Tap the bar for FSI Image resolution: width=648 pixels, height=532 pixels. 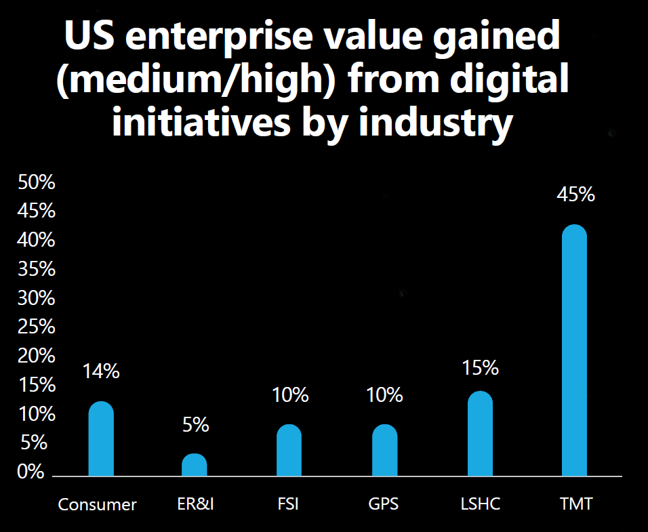point(289,451)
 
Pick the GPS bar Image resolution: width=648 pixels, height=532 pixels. point(384,451)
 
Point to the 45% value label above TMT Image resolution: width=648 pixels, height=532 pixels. point(575,195)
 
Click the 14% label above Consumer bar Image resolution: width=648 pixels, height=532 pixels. point(101,371)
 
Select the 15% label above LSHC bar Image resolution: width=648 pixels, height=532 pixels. point(480,368)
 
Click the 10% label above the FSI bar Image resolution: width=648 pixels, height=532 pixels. point(289,395)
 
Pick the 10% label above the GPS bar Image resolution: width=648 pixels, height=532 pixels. point(384,395)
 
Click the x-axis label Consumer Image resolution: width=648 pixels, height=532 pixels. point(98,505)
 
